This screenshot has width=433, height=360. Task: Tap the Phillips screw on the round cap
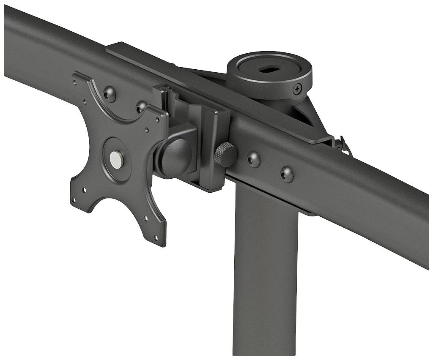298,88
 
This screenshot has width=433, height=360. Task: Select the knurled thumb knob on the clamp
225,155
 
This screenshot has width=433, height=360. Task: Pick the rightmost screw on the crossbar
287,173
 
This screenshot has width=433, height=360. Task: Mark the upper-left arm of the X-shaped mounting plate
85,85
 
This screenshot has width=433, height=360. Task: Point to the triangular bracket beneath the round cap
309,114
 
